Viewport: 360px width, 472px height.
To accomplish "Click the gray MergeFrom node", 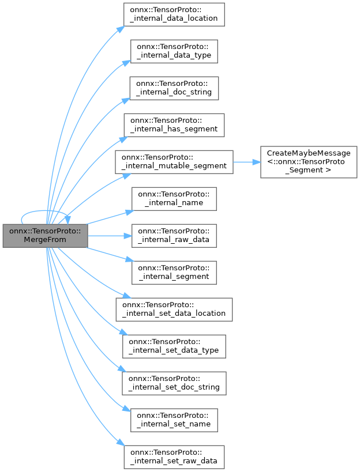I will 45,236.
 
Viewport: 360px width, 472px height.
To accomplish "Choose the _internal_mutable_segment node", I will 174,161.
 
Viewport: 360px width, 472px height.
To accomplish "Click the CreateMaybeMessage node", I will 305,161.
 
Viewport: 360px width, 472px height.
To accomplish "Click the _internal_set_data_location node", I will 174,309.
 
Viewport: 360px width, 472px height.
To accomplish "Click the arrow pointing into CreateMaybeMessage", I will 256,161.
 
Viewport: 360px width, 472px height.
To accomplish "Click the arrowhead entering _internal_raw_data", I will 127,235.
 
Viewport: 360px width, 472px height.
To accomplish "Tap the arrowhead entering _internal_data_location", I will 121,27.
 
